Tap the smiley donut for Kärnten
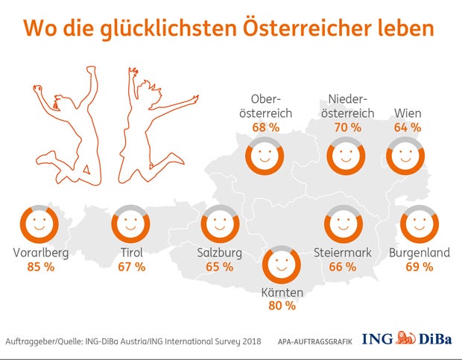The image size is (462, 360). pyautogui.click(x=282, y=264)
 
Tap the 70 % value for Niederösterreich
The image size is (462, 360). pyautogui.click(x=346, y=127)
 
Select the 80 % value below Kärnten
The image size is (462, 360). pyautogui.click(x=282, y=305)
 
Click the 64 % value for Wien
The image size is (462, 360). pyautogui.click(x=407, y=127)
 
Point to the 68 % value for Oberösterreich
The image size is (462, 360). pyautogui.click(x=265, y=127)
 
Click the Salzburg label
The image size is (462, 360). pyautogui.click(x=220, y=253)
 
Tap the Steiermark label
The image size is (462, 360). pyautogui.click(x=343, y=253)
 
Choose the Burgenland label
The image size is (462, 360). pyautogui.click(x=420, y=253)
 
